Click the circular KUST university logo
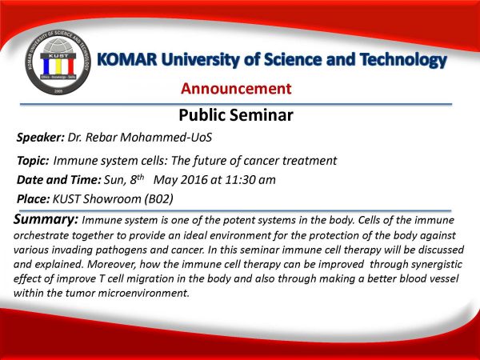point(58,62)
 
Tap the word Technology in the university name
point(403,60)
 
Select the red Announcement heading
point(236,89)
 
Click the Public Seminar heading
point(236,115)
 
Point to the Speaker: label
point(41,138)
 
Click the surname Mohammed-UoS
point(166,137)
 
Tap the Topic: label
point(33,161)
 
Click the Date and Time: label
point(58,180)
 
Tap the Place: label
point(33,199)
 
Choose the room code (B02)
point(159,199)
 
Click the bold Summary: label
point(46,219)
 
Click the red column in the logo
point(70,66)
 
